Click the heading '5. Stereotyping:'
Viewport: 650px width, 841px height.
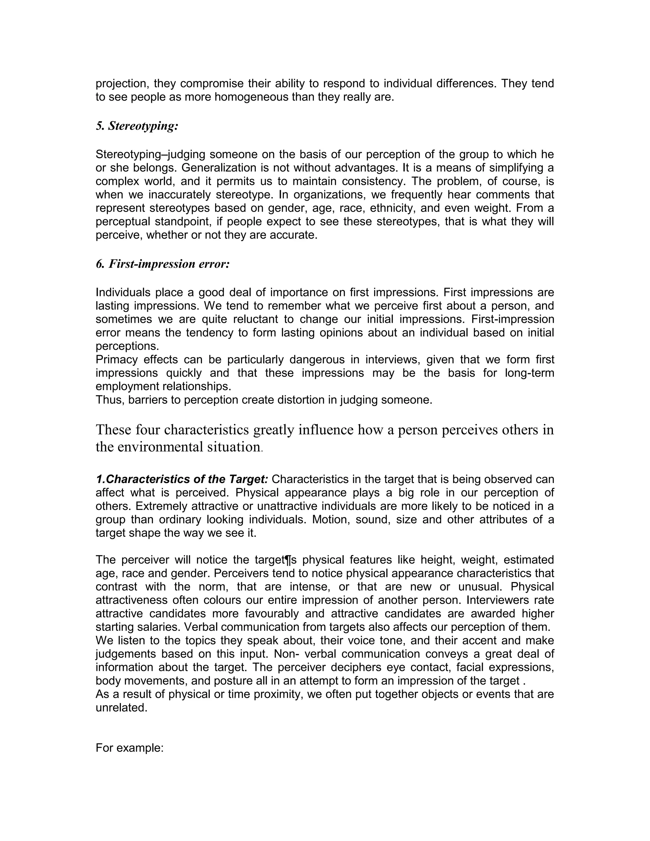[137, 126]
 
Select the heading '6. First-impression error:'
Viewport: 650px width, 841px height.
[162, 264]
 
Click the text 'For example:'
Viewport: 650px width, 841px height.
[130, 748]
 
